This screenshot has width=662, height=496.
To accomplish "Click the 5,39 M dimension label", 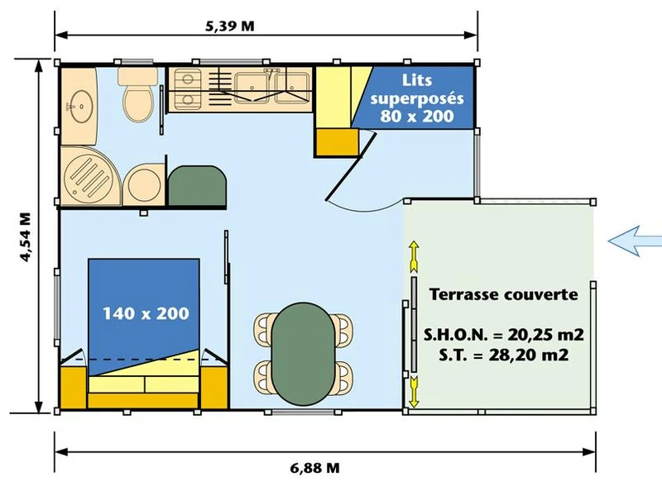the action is tap(230, 26).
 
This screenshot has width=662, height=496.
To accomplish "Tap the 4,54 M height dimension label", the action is tap(26, 237).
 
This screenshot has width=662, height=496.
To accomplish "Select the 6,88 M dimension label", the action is tap(314, 468).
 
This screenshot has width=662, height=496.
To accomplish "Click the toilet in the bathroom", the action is tap(137, 94).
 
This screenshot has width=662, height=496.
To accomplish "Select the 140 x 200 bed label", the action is tap(146, 313).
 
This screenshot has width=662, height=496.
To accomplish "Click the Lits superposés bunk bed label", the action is tap(417, 98).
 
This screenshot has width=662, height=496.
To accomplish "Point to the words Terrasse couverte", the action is tap(503, 294).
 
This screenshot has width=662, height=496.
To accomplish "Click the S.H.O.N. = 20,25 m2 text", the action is tap(503, 335).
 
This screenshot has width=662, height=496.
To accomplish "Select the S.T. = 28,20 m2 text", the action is tap(503, 355).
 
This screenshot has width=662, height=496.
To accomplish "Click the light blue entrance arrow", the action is tap(635, 241).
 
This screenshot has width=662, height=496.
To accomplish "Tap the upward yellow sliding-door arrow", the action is tap(414, 256).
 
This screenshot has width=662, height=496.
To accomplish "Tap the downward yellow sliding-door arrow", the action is tap(414, 392).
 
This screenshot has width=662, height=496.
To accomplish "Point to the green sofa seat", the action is tap(197, 185).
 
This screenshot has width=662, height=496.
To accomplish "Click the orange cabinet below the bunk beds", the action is tap(336, 142).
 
